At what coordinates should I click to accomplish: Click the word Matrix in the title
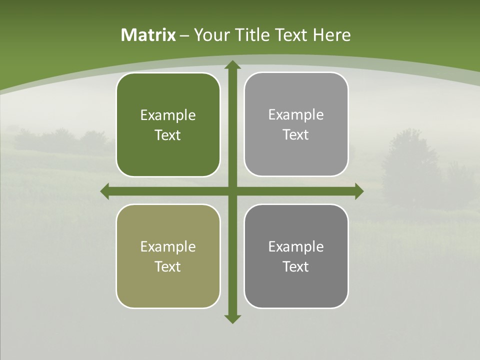[x=148, y=35]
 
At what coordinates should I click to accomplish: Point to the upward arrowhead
[x=232, y=65]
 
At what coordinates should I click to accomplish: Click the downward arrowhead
[x=232, y=318]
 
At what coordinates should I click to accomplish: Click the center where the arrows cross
[x=232, y=191]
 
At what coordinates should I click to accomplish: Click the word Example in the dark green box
[x=168, y=115]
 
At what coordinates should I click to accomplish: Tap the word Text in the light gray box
[x=296, y=135]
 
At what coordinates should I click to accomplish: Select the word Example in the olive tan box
[x=168, y=246]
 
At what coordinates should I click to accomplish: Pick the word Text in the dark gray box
[x=296, y=266]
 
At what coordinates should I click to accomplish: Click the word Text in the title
[x=290, y=35]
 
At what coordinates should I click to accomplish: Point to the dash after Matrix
[x=184, y=35]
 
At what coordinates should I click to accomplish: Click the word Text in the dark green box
[x=168, y=135]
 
